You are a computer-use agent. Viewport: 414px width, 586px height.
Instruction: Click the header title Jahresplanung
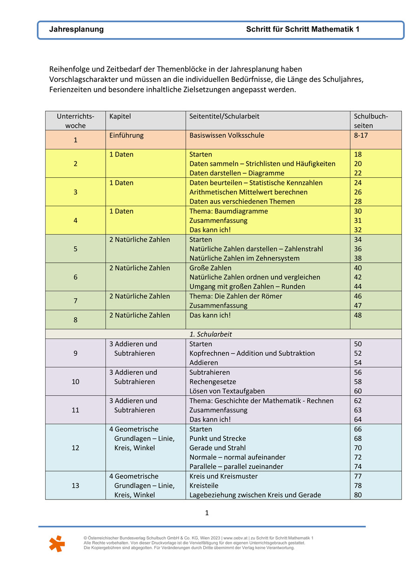click(76, 29)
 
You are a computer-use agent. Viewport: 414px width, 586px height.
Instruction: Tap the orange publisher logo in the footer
click(57, 544)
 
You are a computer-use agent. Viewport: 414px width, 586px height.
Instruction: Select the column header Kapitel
click(120, 116)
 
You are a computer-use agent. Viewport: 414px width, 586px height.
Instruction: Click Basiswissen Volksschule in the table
click(227, 135)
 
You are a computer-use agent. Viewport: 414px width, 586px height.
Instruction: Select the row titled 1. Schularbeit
click(210, 334)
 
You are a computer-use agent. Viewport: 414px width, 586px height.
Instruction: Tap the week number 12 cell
click(75, 448)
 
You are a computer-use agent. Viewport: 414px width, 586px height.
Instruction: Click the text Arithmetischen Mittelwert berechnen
click(248, 192)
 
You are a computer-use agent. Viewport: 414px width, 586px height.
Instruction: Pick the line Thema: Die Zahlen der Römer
click(235, 296)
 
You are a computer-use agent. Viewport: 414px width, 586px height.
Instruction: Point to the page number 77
click(358, 476)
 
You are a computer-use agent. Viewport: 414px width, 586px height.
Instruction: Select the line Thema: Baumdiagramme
click(228, 211)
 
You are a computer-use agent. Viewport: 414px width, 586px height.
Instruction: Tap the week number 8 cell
click(75, 320)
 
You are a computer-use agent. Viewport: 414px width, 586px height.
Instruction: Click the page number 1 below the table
click(207, 513)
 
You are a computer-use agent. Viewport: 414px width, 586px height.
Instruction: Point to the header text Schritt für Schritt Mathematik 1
click(303, 29)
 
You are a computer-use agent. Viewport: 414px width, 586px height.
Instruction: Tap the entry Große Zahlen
click(210, 268)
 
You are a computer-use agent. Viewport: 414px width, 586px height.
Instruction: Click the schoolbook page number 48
click(358, 315)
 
